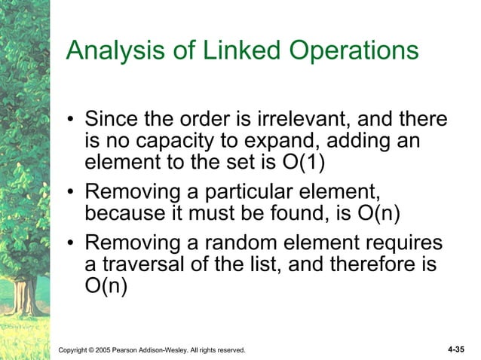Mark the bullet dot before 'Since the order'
(70, 121)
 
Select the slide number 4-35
(455, 349)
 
